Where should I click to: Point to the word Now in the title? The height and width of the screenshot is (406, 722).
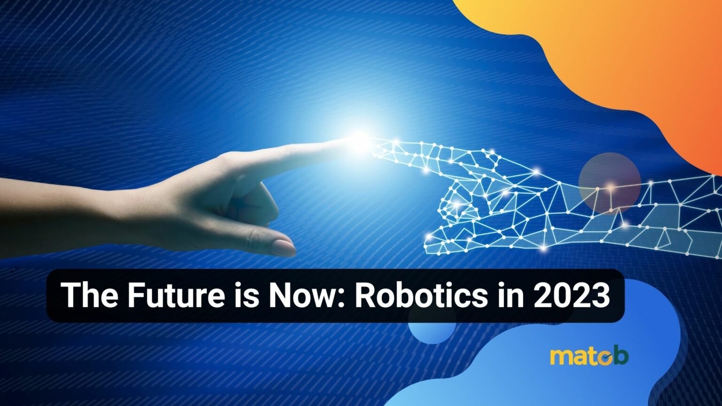pos(301,296)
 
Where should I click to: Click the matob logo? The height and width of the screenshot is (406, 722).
pos(589,356)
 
